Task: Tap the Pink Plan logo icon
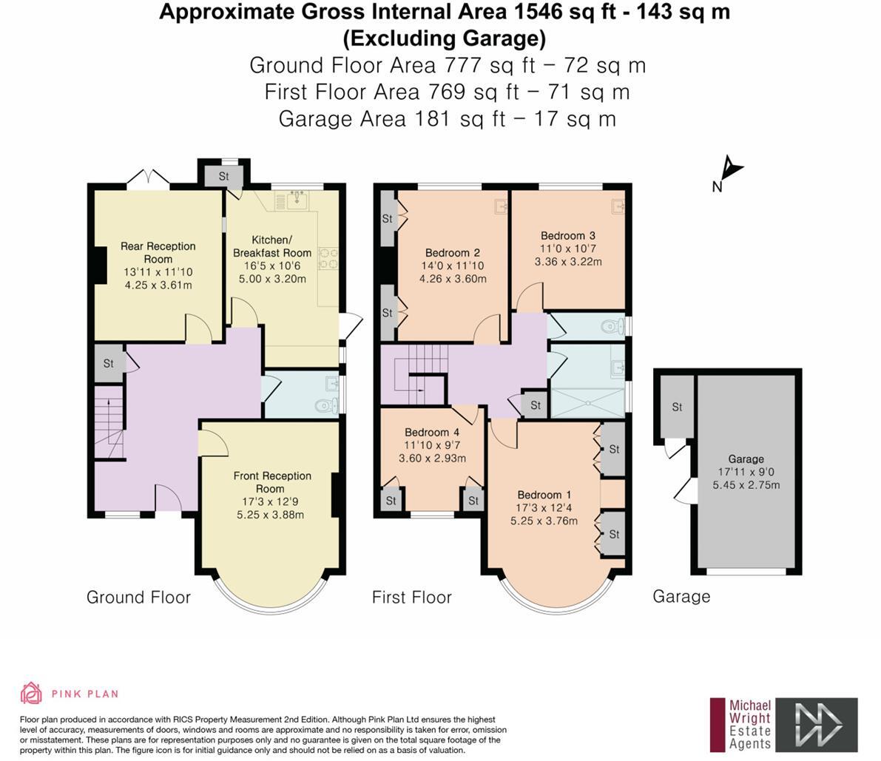(x=31, y=693)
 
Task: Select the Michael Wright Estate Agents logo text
(x=750, y=725)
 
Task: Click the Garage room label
(x=746, y=459)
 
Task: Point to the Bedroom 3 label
(x=567, y=236)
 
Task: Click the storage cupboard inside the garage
(x=677, y=407)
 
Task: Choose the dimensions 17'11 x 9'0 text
(x=746, y=472)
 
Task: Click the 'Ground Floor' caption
(x=138, y=597)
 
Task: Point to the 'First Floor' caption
(x=411, y=597)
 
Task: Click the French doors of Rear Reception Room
(x=148, y=180)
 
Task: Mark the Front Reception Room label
(x=271, y=482)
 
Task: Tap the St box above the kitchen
(x=223, y=177)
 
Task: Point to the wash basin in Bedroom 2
(x=500, y=206)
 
